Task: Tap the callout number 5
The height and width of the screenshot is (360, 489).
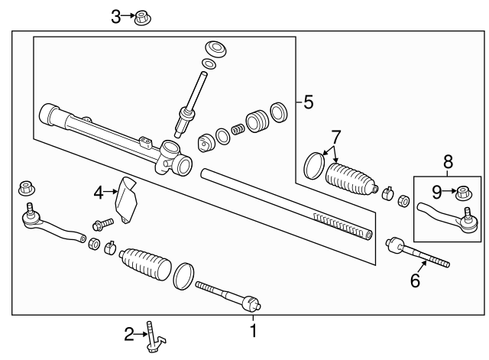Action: pos(308,102)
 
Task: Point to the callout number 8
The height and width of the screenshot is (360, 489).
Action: pos(447,161)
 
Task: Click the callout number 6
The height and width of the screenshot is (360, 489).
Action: pos(415,281)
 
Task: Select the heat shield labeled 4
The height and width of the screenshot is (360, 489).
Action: pos(127,198)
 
